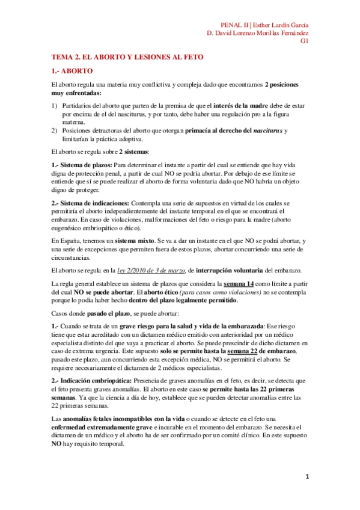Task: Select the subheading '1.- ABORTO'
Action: [x=75, y=70]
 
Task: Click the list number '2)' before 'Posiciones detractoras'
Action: [x=55, y=131]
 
